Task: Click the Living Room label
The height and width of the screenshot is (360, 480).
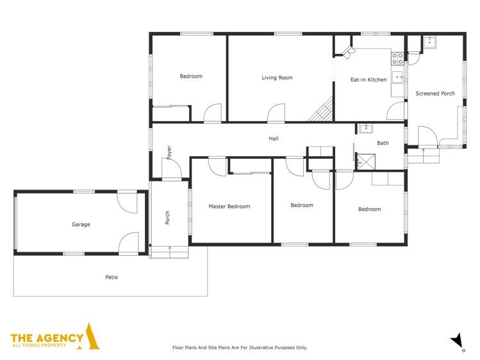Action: [x=277, y=78]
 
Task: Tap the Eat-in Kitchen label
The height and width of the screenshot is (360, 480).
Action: [x=368, y=79]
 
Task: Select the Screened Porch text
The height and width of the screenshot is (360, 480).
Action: [x=435, y=94]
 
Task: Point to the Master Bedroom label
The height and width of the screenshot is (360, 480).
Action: [x=229, y=206]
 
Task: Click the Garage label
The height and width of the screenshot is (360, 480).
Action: [x=81, y=224]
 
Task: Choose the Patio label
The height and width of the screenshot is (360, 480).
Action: [x=112, y=277]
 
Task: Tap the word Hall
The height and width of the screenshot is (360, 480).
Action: [x=274, y=138]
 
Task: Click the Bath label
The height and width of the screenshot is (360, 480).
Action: [x=383, y=143]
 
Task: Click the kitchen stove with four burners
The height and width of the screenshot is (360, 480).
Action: [x=398, y=59]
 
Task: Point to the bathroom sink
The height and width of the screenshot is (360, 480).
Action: [x=365, y=128]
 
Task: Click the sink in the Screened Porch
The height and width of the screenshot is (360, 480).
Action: [x=429, y=42]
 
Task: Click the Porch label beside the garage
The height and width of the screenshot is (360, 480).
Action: [x=168, y=218]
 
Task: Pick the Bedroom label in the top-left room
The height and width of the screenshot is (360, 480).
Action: [x=190, y=76]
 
